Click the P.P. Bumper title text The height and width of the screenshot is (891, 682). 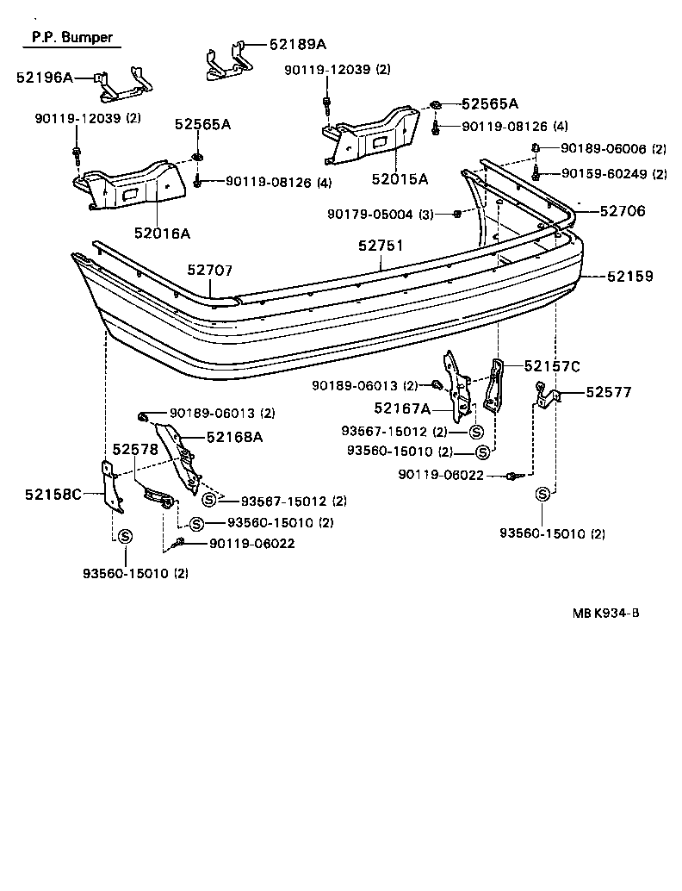coord(71,38)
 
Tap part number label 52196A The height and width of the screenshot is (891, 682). coord(44,78)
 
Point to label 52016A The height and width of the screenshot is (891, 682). coord(162,233)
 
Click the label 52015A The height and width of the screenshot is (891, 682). coord(400,179)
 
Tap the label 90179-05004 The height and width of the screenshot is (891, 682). coord(381,214)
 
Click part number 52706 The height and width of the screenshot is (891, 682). coord(623,210)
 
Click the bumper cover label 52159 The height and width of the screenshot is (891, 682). coord(629,277)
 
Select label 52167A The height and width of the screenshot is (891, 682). coord(402,408)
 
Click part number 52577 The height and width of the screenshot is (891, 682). coord(609,392)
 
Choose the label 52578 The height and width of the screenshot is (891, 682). coord(136,450)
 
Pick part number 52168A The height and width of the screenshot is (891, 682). coord(233,437)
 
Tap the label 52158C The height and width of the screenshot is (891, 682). coord(53,494)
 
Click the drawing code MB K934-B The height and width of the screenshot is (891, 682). coord(606,614)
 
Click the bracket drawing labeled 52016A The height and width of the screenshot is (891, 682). coord(129,188)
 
